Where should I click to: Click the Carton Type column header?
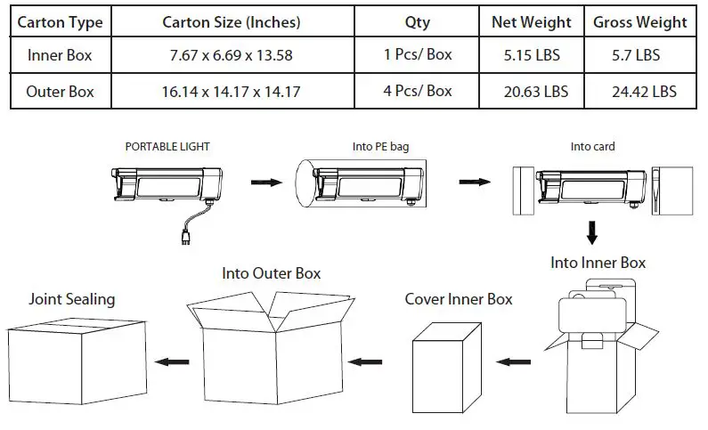tap(60, 22)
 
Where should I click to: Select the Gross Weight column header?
tap(640, 22)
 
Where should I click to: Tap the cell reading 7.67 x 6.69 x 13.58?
tap(231, 55)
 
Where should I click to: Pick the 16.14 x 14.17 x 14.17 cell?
tap(231, 91)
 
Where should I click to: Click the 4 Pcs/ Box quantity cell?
tap(418, 91)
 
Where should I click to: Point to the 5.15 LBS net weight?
tap(530, 55)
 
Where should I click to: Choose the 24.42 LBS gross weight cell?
tap(640, 91)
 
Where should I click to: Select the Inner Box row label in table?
tap(60, 55)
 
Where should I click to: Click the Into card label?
tap(592, 146)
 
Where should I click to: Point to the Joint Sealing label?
tap(71, 299)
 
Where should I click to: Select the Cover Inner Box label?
tap(459, 299)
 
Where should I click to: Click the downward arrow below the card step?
tap(592, 233)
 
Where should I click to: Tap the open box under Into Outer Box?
tap(267, 356)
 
